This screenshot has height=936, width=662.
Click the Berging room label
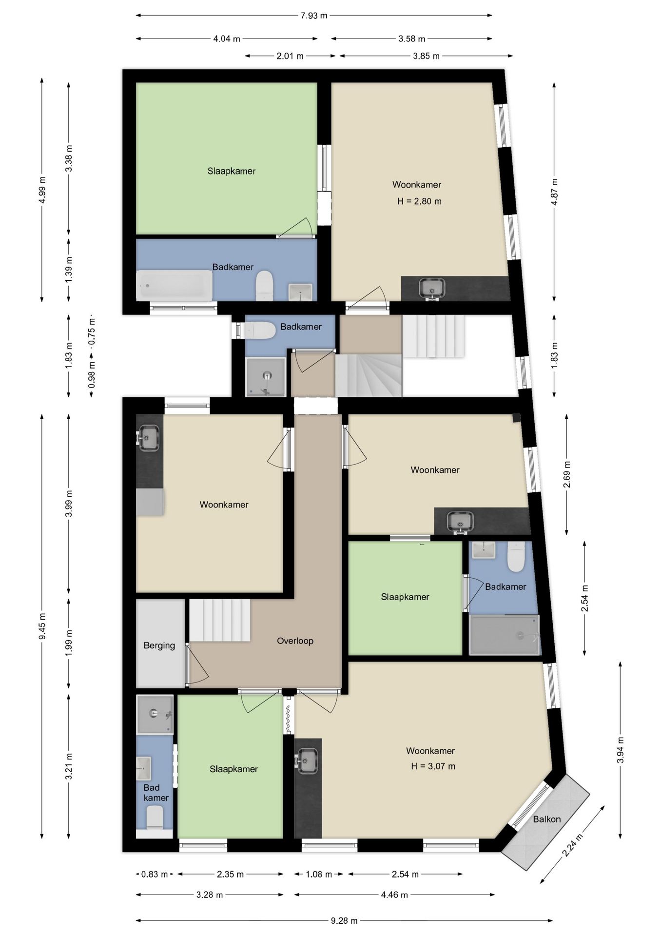(x=159, y=645)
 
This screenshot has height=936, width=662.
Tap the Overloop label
(x=295, y=641)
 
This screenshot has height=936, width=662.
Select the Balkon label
(x=546, y=819)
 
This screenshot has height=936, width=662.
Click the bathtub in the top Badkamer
(x=175, y=286)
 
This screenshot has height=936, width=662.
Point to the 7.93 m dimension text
(x=314, y=16)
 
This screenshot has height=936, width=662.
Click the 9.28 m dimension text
(x=344, y=921)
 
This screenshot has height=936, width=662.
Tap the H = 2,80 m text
(x=419, y=201)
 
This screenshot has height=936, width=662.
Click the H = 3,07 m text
(x=433, y=766)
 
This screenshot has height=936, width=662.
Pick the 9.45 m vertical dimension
(x=42, y=626)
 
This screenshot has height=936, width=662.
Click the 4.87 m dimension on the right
(x=554, y=192)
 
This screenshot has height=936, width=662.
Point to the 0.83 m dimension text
(x=155, y=874)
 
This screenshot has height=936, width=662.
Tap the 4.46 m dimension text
(x=394, y=895)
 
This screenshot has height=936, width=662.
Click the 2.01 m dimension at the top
(x=290, y=56)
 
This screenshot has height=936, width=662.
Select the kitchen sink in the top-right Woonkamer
(x=432, y=288)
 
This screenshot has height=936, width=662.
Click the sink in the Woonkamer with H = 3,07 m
(x=307, y=761)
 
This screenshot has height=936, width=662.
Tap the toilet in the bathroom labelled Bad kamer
(x=155, y=818)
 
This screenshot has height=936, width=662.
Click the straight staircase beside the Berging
(x=219, y=620)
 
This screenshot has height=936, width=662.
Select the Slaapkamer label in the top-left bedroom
(x=232, y=171)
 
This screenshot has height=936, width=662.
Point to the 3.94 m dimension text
(x=621, y=750)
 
